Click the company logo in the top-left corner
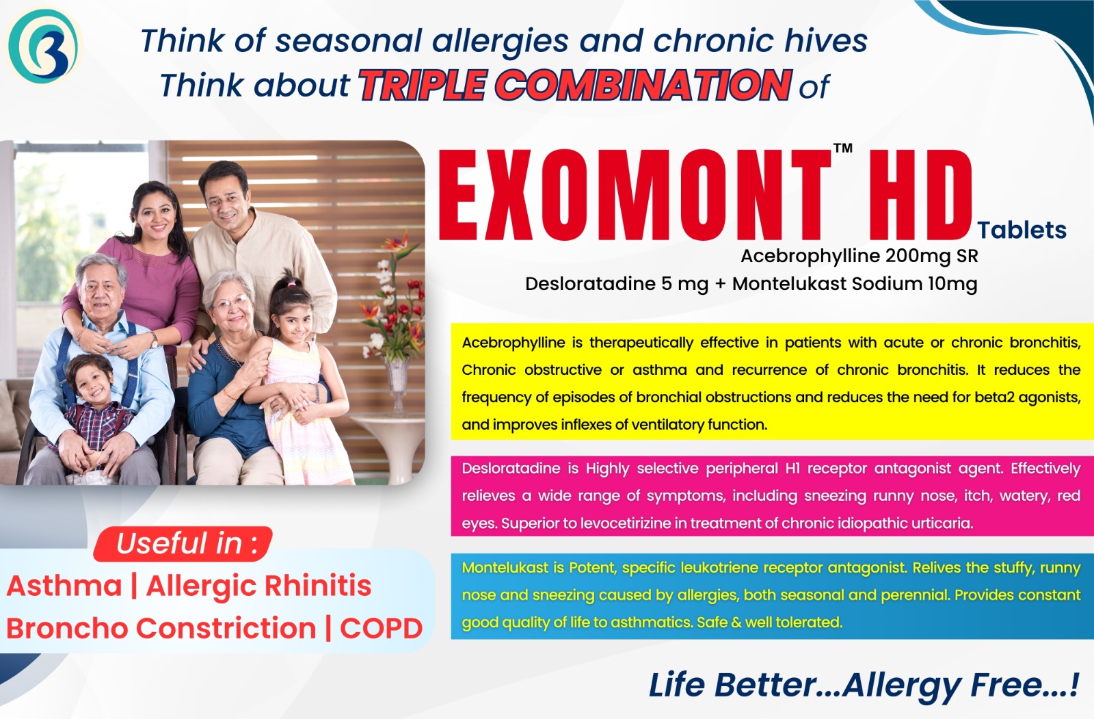point(43,46)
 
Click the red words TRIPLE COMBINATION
point(575,86)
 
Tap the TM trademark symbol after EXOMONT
point(842,148)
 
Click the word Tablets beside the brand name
point(1022,230)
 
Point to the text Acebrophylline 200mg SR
point(859,256)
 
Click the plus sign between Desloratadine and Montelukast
point(720,284)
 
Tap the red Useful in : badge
point(183,544)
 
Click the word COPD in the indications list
point(381,628)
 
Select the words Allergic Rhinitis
point(259,586)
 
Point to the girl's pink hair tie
point(291,283)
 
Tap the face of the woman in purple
point(155,217)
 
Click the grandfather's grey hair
point(100,267)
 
